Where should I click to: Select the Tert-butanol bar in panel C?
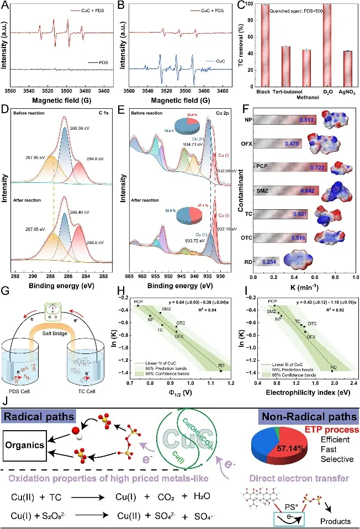pos(286,65)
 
